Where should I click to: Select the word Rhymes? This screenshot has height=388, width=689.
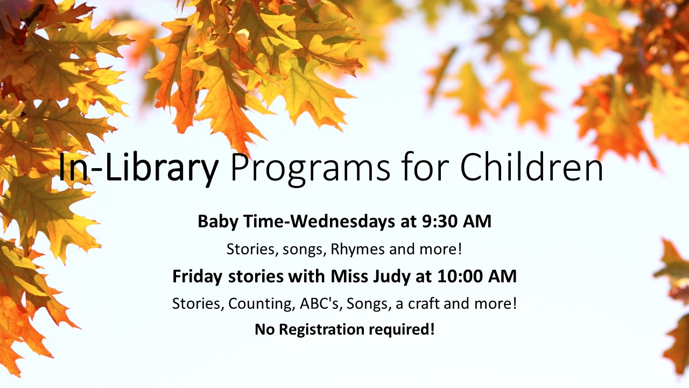coord(357,250)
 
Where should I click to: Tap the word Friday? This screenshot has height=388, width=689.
coord(197,277)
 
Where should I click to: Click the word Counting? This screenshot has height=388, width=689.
coord(260,304)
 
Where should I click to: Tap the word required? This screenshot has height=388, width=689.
coord(402,330)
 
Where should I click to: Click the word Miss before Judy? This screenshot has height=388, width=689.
coord(349,276)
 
